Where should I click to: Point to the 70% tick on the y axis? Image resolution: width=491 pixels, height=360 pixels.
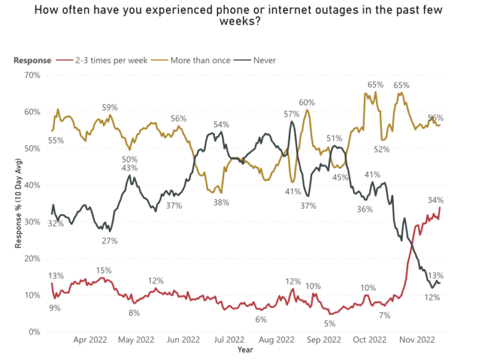pos(31,75)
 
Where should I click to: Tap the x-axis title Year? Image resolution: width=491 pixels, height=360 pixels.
pos(245,350)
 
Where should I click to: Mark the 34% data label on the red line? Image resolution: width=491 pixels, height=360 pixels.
pos(436,200)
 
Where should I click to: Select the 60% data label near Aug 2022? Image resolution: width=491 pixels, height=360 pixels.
pos(307,102)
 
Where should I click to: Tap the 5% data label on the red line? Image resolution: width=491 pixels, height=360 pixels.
pos(330,324)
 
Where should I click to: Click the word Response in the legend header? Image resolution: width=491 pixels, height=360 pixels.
pos(32,60)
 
